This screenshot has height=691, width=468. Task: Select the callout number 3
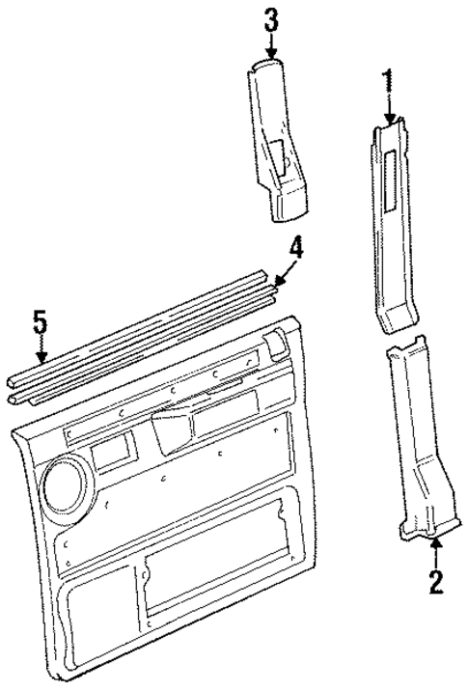click(271, 18)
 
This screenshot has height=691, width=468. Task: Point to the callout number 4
click(296, 250)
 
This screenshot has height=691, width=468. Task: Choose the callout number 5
click(40, 321)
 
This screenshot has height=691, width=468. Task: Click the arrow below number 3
click(271, 45)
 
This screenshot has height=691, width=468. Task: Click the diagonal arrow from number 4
click(283, 274)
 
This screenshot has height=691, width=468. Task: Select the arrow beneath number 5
click(40, 350)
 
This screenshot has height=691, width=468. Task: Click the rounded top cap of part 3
click(265, 65)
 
